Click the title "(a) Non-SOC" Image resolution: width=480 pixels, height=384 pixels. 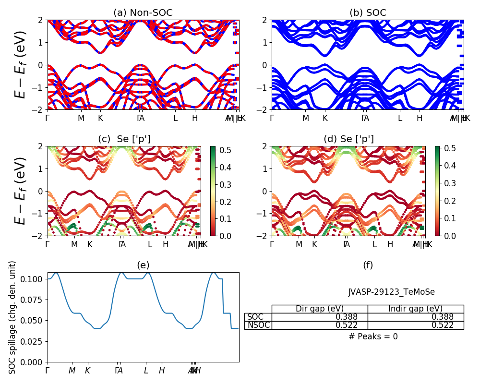[x=143, y=13]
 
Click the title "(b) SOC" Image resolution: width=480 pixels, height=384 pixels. [x=368, y=13]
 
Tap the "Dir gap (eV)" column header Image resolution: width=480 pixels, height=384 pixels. [x=320, y=309]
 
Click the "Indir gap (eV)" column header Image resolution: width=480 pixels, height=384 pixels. [x=416, y=309]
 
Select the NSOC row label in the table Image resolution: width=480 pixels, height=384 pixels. [x=258, y=325]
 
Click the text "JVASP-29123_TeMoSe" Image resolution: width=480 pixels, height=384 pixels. [x=392, y=292]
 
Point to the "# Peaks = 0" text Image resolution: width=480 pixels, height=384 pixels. [x=373, y=337]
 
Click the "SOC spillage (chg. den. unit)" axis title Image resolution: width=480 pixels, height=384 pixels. [x=12, y=317]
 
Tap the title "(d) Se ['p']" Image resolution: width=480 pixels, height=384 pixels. [x=348, y=139]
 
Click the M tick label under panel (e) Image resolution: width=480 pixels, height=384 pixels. [x=72, y=371]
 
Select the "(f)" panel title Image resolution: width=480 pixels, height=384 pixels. [x=368, y=265]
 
